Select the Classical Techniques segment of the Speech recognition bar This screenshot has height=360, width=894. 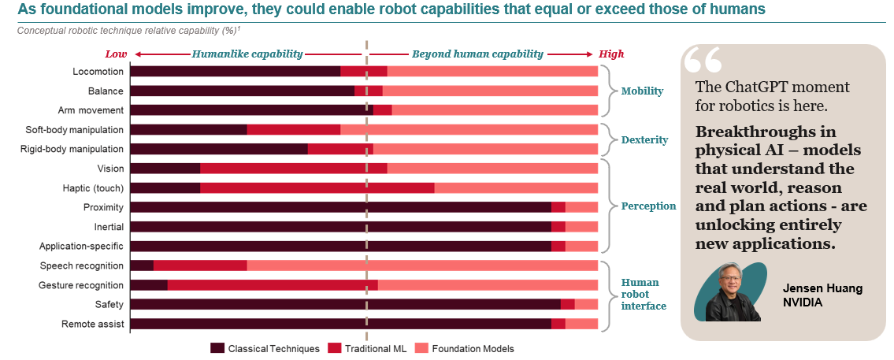click(x=142, y=265)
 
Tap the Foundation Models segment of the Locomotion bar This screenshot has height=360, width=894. click(x=492, y=71)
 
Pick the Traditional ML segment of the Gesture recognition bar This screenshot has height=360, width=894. click(x=273, y=285)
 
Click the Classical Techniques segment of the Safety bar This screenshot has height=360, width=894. click(x=345, y=304)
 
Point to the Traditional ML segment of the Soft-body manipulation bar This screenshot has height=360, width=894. click(x=293, y=129)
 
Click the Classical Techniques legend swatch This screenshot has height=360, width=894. click(x=217, y=348)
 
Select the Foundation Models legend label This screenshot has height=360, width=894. click(x=472, y=348)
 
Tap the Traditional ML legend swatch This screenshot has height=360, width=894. click(x=334, y=348)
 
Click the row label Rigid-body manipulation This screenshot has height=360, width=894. click(x=72, y=149)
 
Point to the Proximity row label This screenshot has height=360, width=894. click(x=103, y=207)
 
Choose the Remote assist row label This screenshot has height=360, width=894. click(x=93, y=324)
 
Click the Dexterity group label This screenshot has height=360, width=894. click(x=644, y=139)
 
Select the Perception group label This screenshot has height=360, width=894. click(x=648, y=206)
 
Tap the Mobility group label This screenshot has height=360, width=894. click(x=642, y=91)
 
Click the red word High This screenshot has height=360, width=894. click(x=611, y=54)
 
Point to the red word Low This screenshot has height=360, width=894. click(x=116, y=54)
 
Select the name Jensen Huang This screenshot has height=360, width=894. click(x=822, y=288)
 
